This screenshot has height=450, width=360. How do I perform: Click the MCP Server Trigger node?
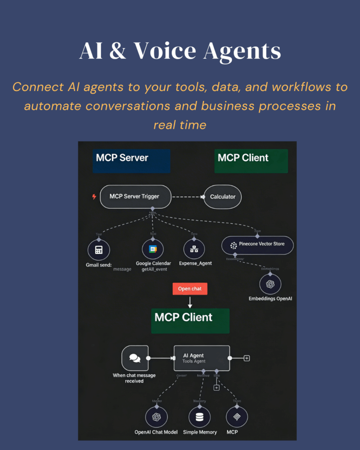point(135,196)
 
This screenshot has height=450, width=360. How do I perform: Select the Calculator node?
point(222,196)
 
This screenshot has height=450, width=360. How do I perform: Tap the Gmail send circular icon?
point(98,250)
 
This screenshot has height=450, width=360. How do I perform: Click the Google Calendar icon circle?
point(153,249)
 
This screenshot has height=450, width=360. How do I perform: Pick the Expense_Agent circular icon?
point(194,249)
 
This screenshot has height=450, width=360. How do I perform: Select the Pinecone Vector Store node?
point(257,244)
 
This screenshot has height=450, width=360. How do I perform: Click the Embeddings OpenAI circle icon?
point(270,284)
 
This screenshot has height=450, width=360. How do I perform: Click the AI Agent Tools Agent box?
point(201,358)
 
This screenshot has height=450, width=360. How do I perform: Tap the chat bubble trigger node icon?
point(134,358)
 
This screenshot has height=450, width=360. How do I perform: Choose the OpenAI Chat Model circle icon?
point(156,417)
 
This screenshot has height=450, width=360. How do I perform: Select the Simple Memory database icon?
point(200,417)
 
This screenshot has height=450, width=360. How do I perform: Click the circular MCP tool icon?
point(237,417)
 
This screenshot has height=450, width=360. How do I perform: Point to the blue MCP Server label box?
point(131,160)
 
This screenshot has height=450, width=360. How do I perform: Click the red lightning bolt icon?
point(94,196)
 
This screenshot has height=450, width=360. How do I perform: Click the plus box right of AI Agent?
point(247,358)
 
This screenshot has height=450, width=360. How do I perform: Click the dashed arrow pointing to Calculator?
point(187,196)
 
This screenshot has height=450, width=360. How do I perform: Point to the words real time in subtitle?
point(180,124)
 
